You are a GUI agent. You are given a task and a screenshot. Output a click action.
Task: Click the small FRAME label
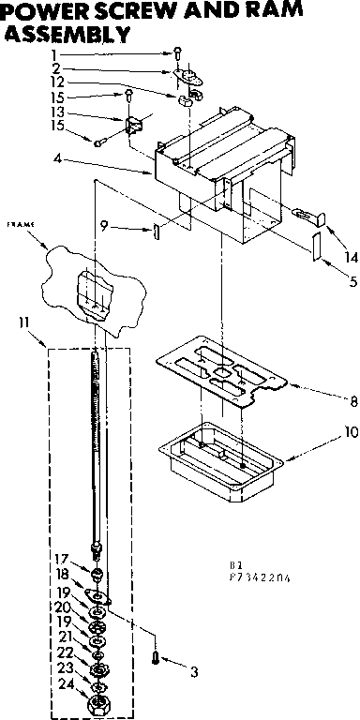click(20, 226)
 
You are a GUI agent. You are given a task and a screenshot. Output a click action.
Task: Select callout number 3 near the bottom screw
click(193, 671)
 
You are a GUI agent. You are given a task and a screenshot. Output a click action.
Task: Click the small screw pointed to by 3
click(156, 657)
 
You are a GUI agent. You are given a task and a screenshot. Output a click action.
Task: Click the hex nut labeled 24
click(96, 703)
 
